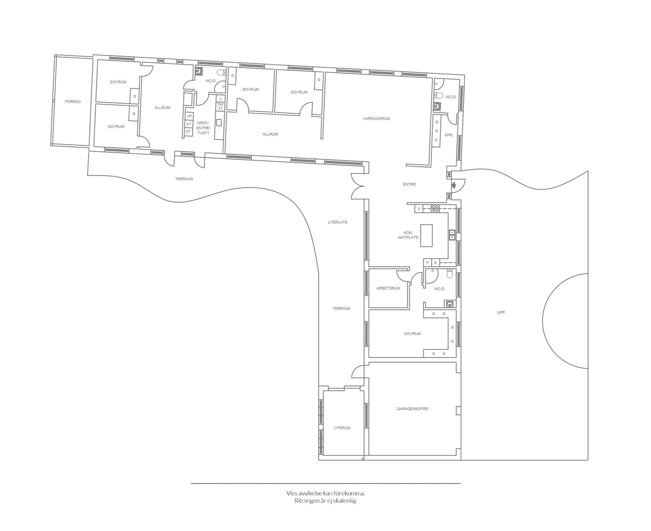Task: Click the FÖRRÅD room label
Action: tap(73, 102)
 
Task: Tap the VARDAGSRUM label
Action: tap(376, 119)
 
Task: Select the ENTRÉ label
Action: tap(409, 184)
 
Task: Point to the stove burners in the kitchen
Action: tap(435, 208)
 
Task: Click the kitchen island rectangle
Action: tap(427, 235)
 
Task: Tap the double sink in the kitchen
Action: tap(452, 235)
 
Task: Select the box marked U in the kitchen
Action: tap(419, 209)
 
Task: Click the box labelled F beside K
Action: tap(428, 263)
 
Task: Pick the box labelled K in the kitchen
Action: tap(435, 263)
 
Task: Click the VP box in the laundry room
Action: tap(189, 116)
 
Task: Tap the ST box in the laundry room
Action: tap(188, 132)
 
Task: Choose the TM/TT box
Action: tap(220, 107)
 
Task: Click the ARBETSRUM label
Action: tap(388, 288)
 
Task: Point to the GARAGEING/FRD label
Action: tap(412, 409)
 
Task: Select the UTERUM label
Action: tap(342, 428)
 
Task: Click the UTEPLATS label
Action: tap(338, 222)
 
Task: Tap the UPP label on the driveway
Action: tap(501, 312)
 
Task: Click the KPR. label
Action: tap(449, 135)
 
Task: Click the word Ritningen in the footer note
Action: tap(308, 501)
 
